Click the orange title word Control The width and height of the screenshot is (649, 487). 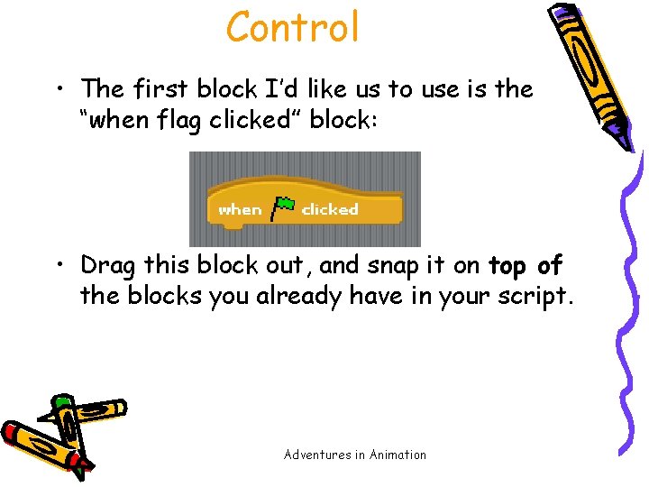[293, 27]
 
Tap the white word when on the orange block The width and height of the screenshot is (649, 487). [240, 209]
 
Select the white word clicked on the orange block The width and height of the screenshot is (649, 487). [330, 209]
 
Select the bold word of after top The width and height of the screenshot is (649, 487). [549, 266]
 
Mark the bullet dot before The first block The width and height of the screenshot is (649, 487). [60, 89]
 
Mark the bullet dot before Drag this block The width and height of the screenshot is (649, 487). [60, 267]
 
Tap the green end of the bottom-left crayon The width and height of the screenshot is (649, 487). [61, 401]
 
